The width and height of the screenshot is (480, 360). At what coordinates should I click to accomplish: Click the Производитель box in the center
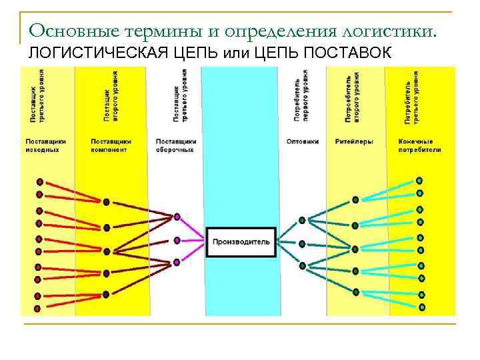(x=241, y=241)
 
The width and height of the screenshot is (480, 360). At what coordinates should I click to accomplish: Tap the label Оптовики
(x=302, y=141)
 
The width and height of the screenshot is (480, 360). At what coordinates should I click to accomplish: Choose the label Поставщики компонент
(x=111, y=145)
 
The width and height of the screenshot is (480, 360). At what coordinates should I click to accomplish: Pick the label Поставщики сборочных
(x=175, y=145)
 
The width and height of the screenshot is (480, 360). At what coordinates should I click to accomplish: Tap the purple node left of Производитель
(x=177, y=240)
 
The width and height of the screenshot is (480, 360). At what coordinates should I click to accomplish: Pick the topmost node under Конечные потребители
(x=419, y=181)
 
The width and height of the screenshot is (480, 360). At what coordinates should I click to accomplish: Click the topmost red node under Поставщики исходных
(x=39, y=181)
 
